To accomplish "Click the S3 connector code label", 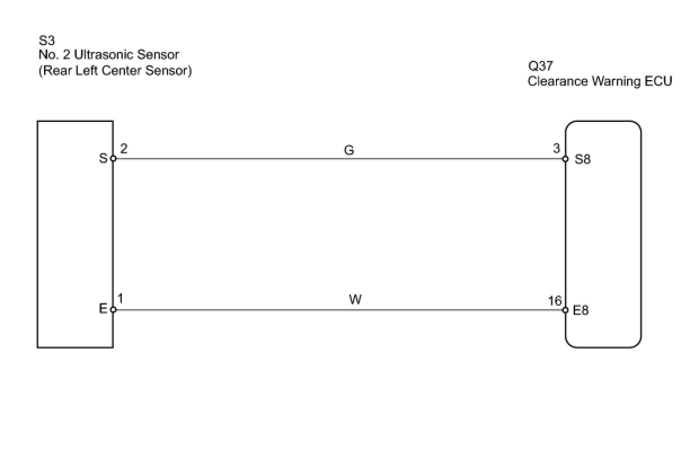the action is (x=47, y=41).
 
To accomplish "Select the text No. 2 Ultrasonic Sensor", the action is (x=109, y=55).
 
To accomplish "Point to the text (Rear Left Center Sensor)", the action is (x=115, y=70).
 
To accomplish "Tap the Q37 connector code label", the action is (x=540, y=66).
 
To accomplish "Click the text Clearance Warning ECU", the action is (x=600, y=81).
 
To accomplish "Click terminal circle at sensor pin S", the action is (x=113, y=158).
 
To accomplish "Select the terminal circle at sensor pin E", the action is (x=113, y=310).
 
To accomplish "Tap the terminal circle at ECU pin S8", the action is (x=565, y=159).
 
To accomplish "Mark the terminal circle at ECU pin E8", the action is (x=565, y=310).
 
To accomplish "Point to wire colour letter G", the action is (x=349, y=150).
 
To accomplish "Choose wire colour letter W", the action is (x=355, y=299).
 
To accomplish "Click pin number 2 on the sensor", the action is (x=123, y=148).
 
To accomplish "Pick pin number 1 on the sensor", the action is (x=121, y=298).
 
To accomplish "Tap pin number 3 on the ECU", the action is (x=556, y=148).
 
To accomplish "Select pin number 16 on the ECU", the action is (x=555, y=301).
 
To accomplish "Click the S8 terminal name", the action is (x=582, y=160).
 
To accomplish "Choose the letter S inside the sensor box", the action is (x=103, y=158).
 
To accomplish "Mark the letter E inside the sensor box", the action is (x=103, y=308).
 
